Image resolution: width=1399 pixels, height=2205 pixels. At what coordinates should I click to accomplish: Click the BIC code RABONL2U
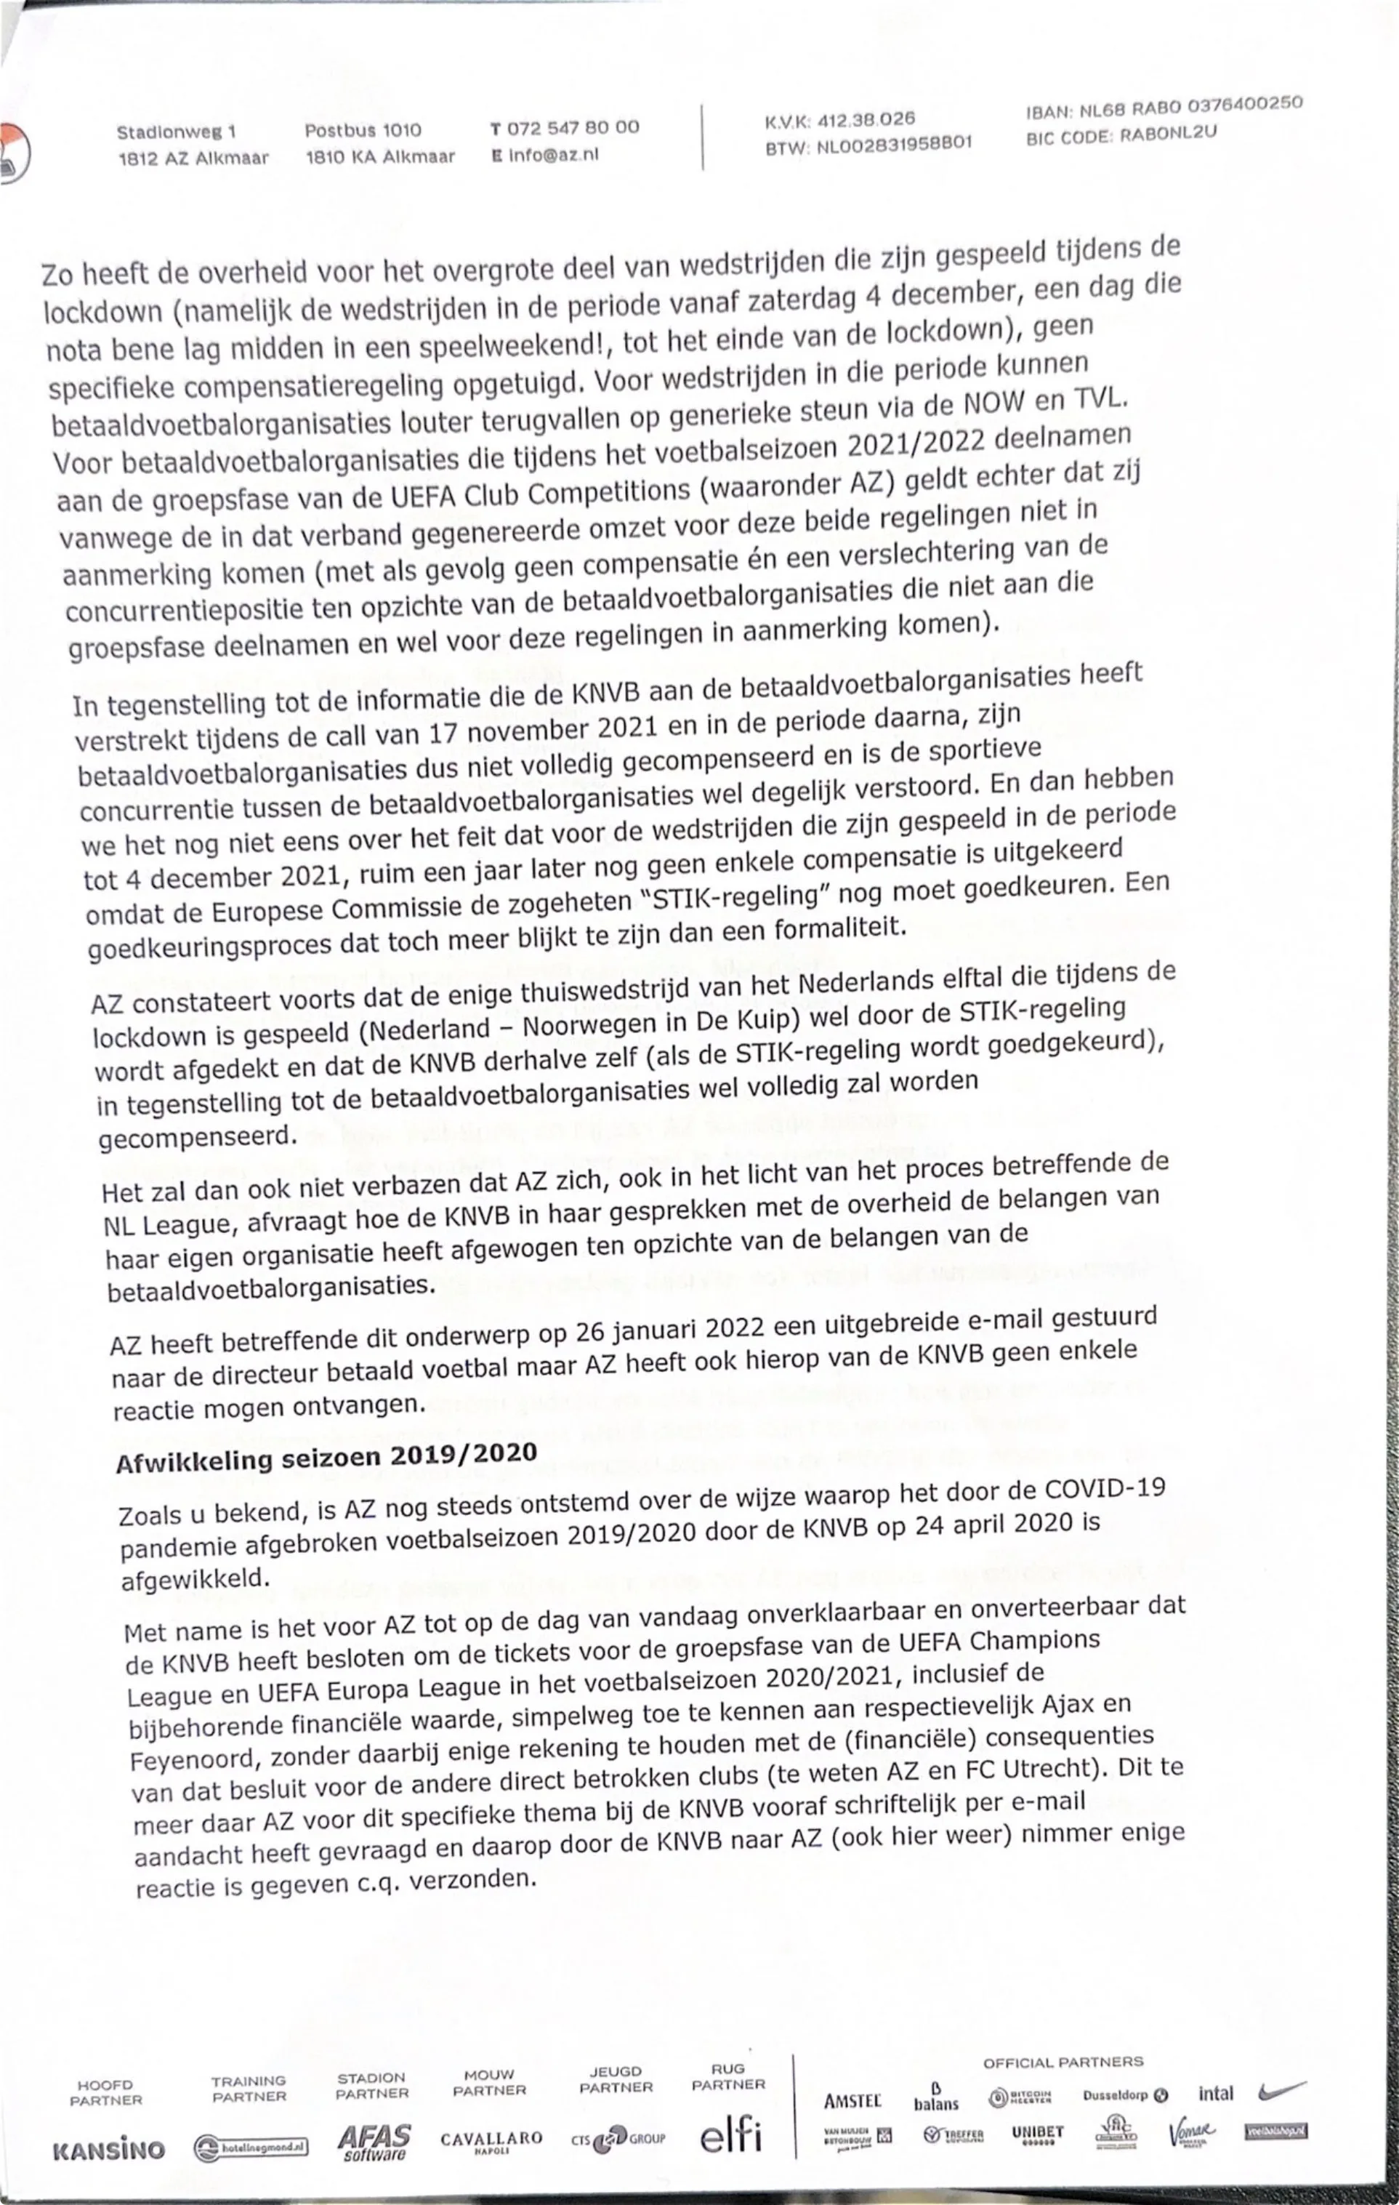click(1169, 132)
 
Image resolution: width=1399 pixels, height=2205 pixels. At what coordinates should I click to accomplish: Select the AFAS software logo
click(374, 2141)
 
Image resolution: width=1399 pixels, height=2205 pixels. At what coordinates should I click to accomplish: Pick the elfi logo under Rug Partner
click(730, 2134)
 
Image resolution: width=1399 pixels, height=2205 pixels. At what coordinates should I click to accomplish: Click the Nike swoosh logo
click(1282, 2092)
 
